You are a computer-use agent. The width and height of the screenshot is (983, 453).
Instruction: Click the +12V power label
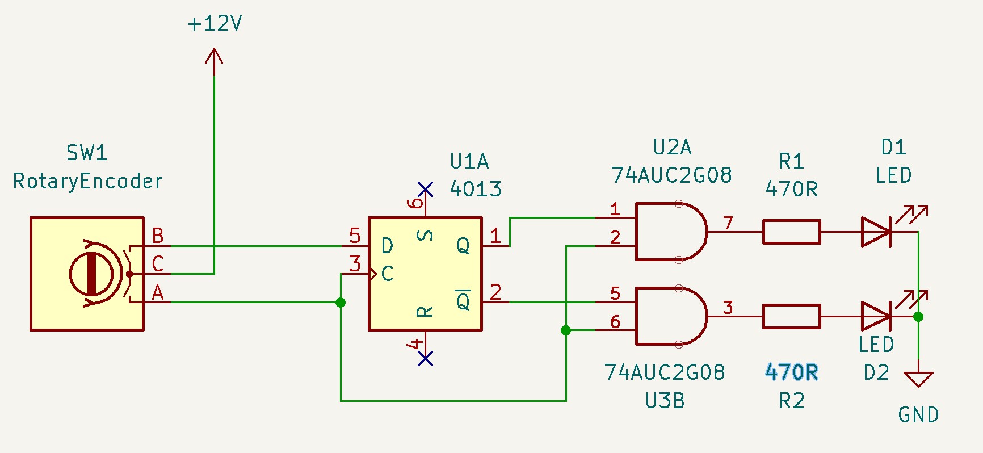[215, 24]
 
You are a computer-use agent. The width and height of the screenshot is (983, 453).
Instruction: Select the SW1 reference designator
[87, 153]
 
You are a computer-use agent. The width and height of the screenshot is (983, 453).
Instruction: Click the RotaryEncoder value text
[88, 181]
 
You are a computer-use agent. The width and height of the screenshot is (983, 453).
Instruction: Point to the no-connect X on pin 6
[425, 189]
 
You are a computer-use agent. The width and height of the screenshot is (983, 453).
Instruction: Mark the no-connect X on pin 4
[425, 358]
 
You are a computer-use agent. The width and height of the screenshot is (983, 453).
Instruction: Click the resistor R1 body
[791, 232]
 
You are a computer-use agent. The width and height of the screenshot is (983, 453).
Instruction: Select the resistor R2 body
[791, 316]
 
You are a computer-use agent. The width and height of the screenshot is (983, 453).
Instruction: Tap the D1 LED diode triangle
[876, 232]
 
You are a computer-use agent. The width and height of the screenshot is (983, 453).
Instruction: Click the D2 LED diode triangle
[876, 316]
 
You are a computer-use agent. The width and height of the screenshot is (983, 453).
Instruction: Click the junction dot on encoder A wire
[341, 303]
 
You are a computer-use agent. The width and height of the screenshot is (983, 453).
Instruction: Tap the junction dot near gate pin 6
[566, 330]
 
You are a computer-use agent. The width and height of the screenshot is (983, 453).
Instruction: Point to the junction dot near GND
[918, 317]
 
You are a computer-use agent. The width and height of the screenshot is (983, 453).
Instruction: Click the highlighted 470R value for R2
[792, 372]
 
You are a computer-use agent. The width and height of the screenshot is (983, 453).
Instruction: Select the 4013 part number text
[476, 189]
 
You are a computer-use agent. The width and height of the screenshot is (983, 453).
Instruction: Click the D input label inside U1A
[387, 246]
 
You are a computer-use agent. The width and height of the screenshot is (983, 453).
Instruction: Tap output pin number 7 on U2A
[728, 223]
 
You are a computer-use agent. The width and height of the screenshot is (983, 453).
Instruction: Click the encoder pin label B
[158, 236]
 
